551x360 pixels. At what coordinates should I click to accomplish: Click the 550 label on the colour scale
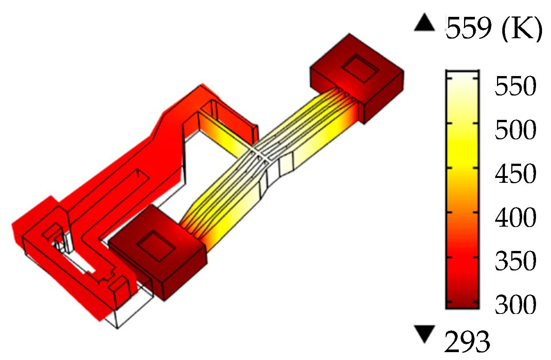(x=515, y=86)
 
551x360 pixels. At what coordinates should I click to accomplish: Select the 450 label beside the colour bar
(x=515, y=173)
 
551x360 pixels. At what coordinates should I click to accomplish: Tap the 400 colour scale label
(x=515, y=217)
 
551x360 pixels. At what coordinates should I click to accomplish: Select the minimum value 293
(x=467, y=342)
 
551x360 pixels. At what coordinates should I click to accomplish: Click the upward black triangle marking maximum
(x=424, y=22)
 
